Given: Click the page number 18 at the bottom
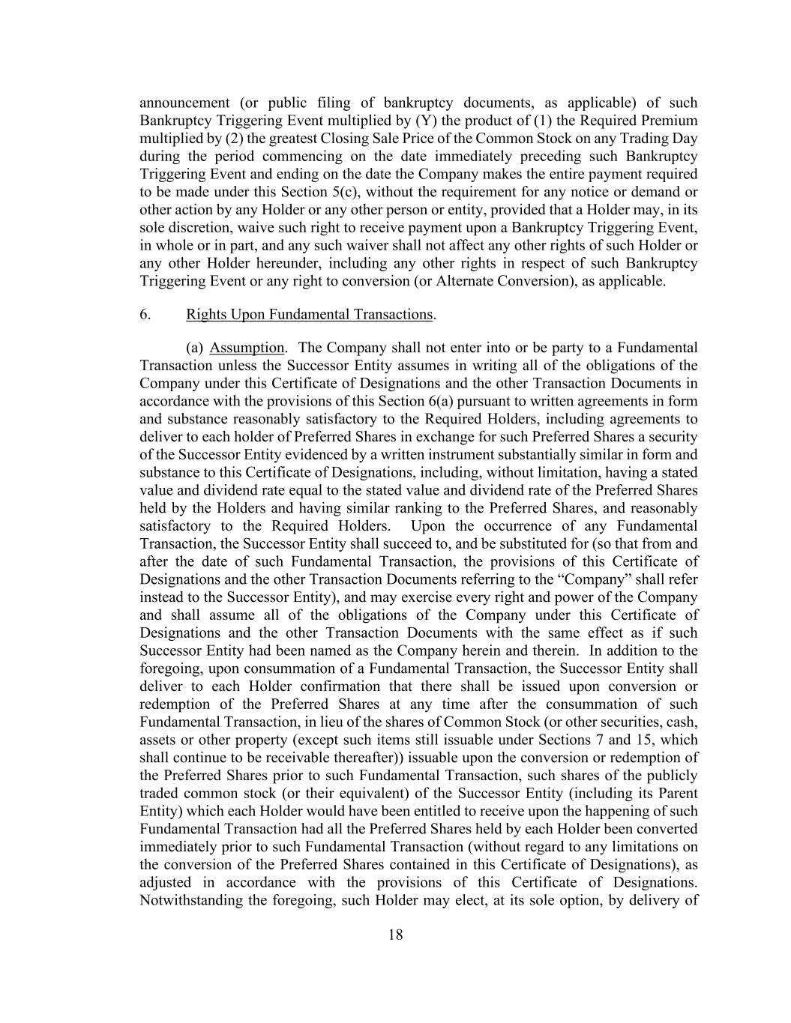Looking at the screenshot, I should [x=396, y=935].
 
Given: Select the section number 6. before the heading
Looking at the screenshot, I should [x=145, y=314].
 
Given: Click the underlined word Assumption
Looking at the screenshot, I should [x=247, y=348].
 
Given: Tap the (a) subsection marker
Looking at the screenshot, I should [x=195, y=348].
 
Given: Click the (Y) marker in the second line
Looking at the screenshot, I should [x=426, y=121].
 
